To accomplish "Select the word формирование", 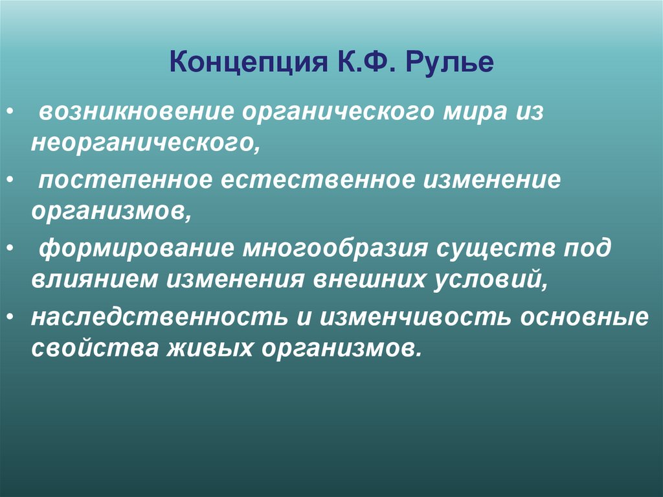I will point(135,250).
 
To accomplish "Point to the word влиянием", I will point(95,280).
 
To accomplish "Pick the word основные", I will point(587,319).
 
